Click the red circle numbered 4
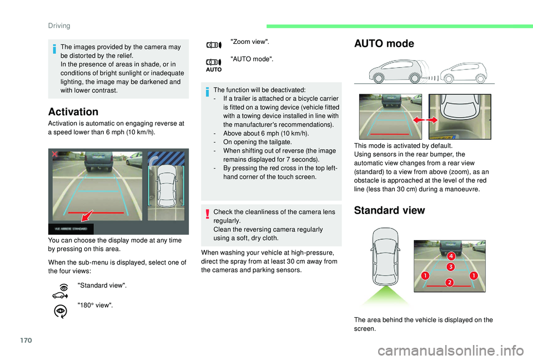(x=451, y=256)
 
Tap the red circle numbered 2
(x=449, y=283)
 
